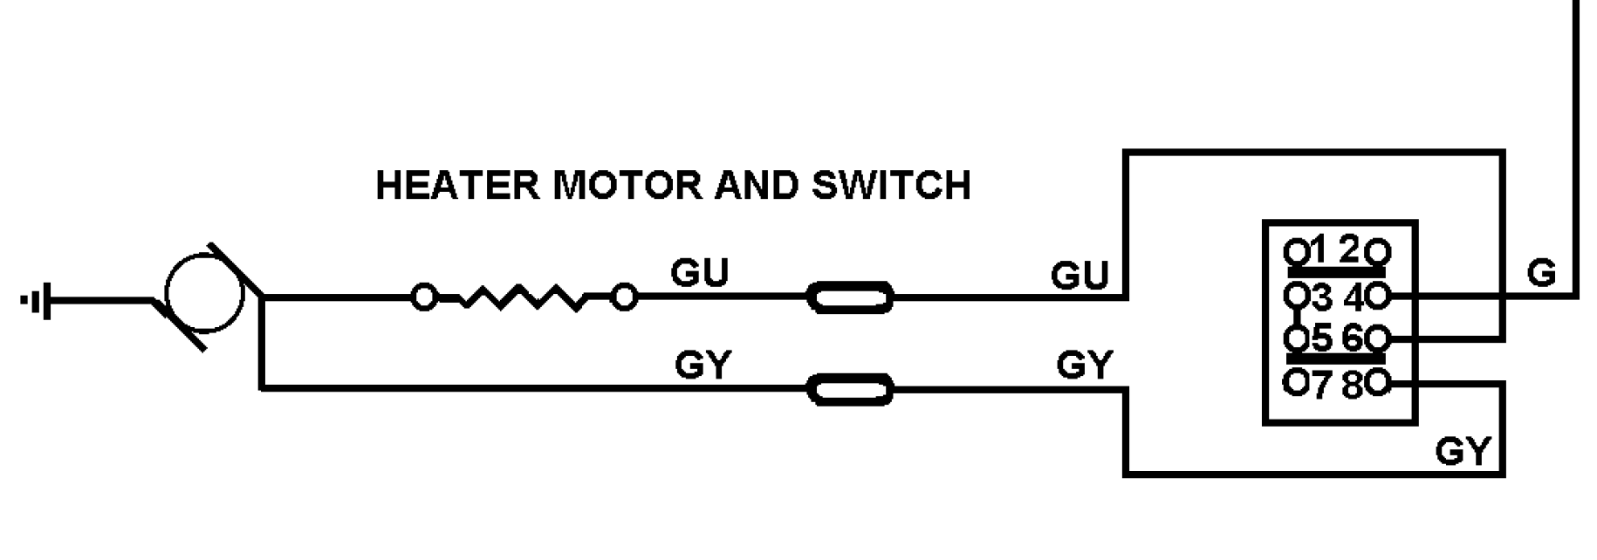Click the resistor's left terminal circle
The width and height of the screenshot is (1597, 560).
coord(424,298)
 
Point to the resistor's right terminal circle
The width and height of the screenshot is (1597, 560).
coord(623,298)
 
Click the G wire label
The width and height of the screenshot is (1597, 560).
coord(1542,274)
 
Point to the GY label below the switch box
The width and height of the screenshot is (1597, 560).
coord(1463,452)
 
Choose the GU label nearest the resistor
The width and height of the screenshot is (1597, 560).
coord(699,274)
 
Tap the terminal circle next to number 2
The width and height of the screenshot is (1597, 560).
coord(1379,253)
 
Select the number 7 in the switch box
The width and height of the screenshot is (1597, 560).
coord(1321,385)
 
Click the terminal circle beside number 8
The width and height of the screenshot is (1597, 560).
coord(1379,383)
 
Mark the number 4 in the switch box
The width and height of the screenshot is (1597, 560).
coord(1354,298)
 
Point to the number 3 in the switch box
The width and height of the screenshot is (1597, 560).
coord(1321,298)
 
